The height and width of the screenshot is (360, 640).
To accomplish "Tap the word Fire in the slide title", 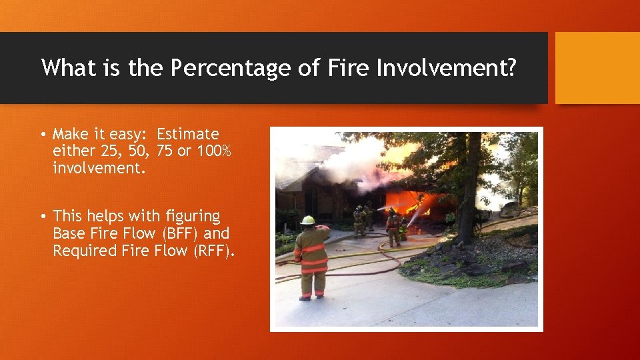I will [346, 68].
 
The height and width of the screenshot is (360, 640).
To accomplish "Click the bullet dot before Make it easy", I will [43, 135].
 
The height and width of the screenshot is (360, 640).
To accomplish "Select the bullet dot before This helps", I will [43, 217].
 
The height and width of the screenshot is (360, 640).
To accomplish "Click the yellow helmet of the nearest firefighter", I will [307, 220].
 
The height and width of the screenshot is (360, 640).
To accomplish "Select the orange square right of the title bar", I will [597, 68].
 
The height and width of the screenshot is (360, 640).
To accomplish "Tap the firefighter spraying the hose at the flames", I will [394, 227].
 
